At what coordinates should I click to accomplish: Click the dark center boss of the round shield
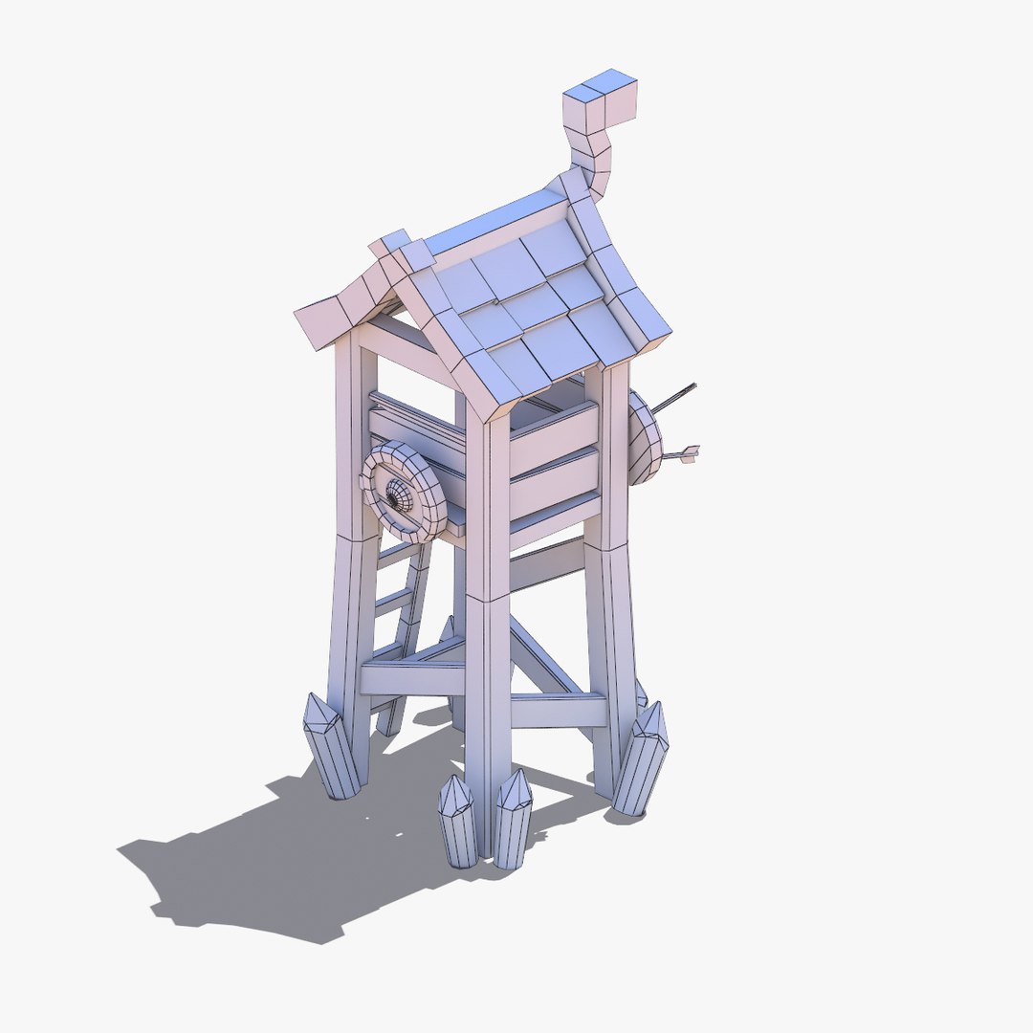tap(394, 495)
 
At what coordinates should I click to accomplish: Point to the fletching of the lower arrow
tap(690, 454)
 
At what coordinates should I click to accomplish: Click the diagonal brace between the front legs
tap(545, 660)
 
